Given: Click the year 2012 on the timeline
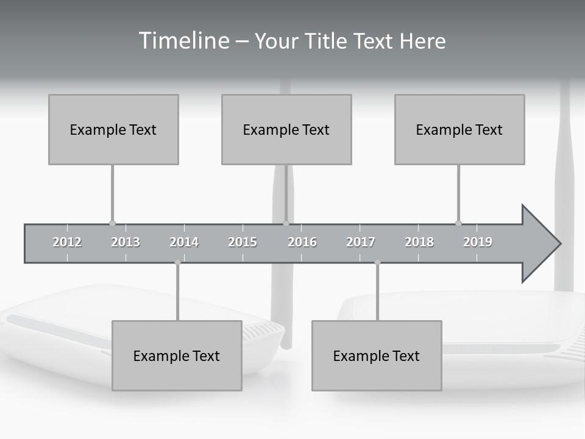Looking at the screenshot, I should click(67, 242).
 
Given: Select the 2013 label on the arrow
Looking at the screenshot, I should click(126, 242).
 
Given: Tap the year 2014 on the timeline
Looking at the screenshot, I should click(184, 242).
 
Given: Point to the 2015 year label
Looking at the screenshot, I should click(243, 242).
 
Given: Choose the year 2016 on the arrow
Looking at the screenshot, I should click(302, 242).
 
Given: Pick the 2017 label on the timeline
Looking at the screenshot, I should click(361, 242).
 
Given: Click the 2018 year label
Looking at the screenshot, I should click(419, 242).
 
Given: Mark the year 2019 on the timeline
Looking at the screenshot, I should click(478, 242).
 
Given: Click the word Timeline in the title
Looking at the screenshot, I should click(183, 41).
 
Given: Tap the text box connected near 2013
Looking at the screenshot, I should click(113, 129).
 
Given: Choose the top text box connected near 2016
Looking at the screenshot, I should click(286, 129).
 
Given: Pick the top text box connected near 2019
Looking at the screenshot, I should click(459, 129).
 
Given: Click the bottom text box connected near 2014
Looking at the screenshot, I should click(177, 355).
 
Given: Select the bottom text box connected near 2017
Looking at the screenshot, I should click(377, 355).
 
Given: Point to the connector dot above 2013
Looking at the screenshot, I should click(112, 223).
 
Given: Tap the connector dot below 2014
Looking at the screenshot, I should click(177, 262).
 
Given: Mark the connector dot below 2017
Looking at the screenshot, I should click(377, 262).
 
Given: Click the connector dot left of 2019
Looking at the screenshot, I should click(458, 223).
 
